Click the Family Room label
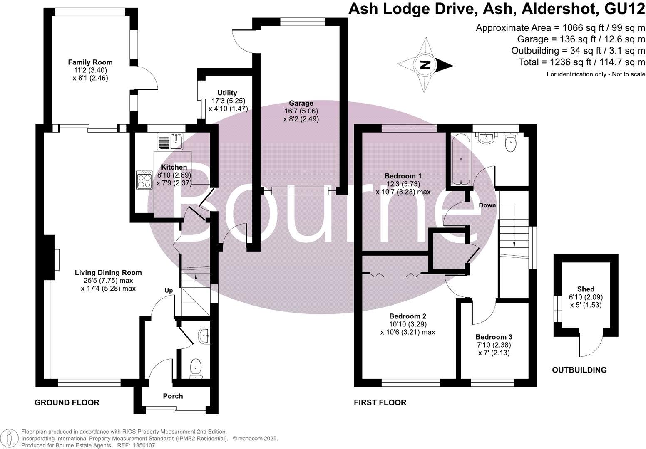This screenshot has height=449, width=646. coord(90,62)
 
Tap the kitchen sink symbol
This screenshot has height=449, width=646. coord(171,141)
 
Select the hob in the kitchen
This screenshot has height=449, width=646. coord(144,180)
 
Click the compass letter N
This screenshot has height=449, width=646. coord(425,65)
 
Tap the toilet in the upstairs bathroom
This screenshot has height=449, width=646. coord(510,143)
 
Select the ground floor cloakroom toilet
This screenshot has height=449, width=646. coord(195,368)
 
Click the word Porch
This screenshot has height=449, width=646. coord(173,396)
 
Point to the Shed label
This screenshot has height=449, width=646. coord(586,289)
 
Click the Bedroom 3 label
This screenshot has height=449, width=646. coord(494,337)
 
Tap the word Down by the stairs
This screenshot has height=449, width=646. coord(487,205)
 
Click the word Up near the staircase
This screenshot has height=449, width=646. coord(169,290)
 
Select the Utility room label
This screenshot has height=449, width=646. coord(227,93)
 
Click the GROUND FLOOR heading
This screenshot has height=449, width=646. coord(67,402)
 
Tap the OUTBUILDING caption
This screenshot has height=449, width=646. coord(579,370)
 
